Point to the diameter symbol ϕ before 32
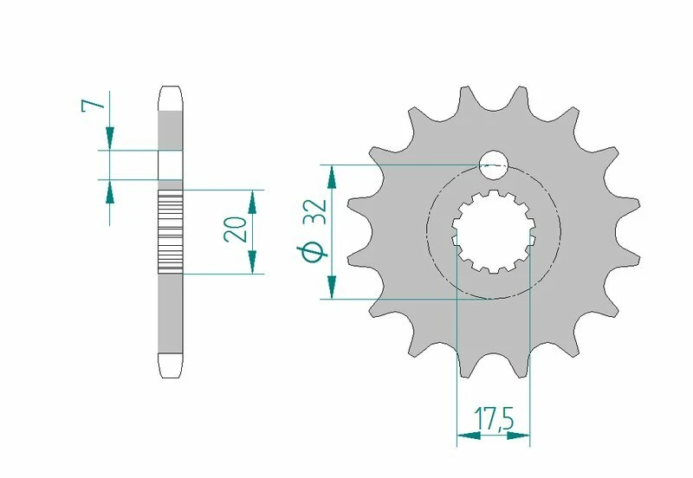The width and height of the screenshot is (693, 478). [314, 251]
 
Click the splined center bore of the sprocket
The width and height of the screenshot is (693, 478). [493, 231]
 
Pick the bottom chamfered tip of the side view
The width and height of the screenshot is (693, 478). [171, 367]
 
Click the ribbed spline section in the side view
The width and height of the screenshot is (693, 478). [171, 232]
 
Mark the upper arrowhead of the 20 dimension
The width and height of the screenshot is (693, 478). [252, 202]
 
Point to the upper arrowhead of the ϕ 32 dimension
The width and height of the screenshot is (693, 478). [330, 178]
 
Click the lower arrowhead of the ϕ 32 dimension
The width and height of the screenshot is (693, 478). [330, 287]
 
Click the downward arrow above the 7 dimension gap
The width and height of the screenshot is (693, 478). [110, 138]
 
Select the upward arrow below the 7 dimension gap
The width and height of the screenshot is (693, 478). [110, 191]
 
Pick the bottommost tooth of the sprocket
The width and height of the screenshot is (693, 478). [494, 368]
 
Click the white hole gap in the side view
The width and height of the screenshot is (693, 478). [171, 165]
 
